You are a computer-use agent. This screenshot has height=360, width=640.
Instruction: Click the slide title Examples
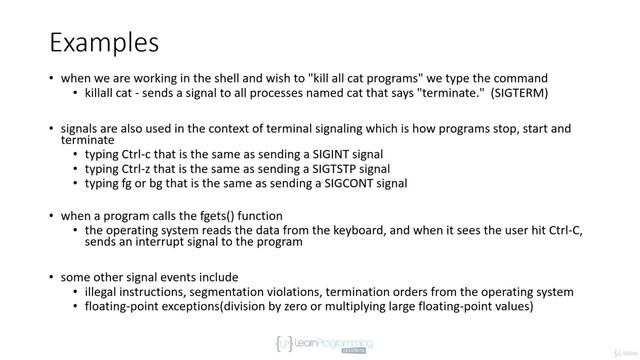[104, 43]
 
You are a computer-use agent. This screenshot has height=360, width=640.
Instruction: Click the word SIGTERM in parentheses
[516, 94]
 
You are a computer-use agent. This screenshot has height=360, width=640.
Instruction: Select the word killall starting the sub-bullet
[102, 94]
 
